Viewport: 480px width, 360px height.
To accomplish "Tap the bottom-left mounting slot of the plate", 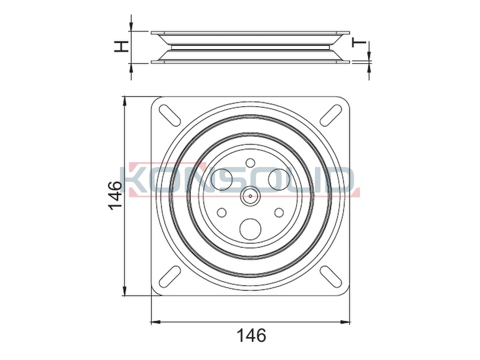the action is pos(170,276).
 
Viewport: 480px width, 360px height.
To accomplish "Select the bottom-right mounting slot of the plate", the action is pos(331,276).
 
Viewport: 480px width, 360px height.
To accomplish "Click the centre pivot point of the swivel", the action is pos(251,196).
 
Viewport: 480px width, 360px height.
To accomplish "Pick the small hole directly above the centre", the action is pos(251,163).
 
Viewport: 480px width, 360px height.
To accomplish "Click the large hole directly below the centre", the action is pos(251,229).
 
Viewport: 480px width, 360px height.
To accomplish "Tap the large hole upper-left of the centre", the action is pos(222,179).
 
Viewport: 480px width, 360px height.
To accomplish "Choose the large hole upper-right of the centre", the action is pos(279,179).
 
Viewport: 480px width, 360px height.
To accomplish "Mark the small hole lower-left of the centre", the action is pos(222,212).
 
